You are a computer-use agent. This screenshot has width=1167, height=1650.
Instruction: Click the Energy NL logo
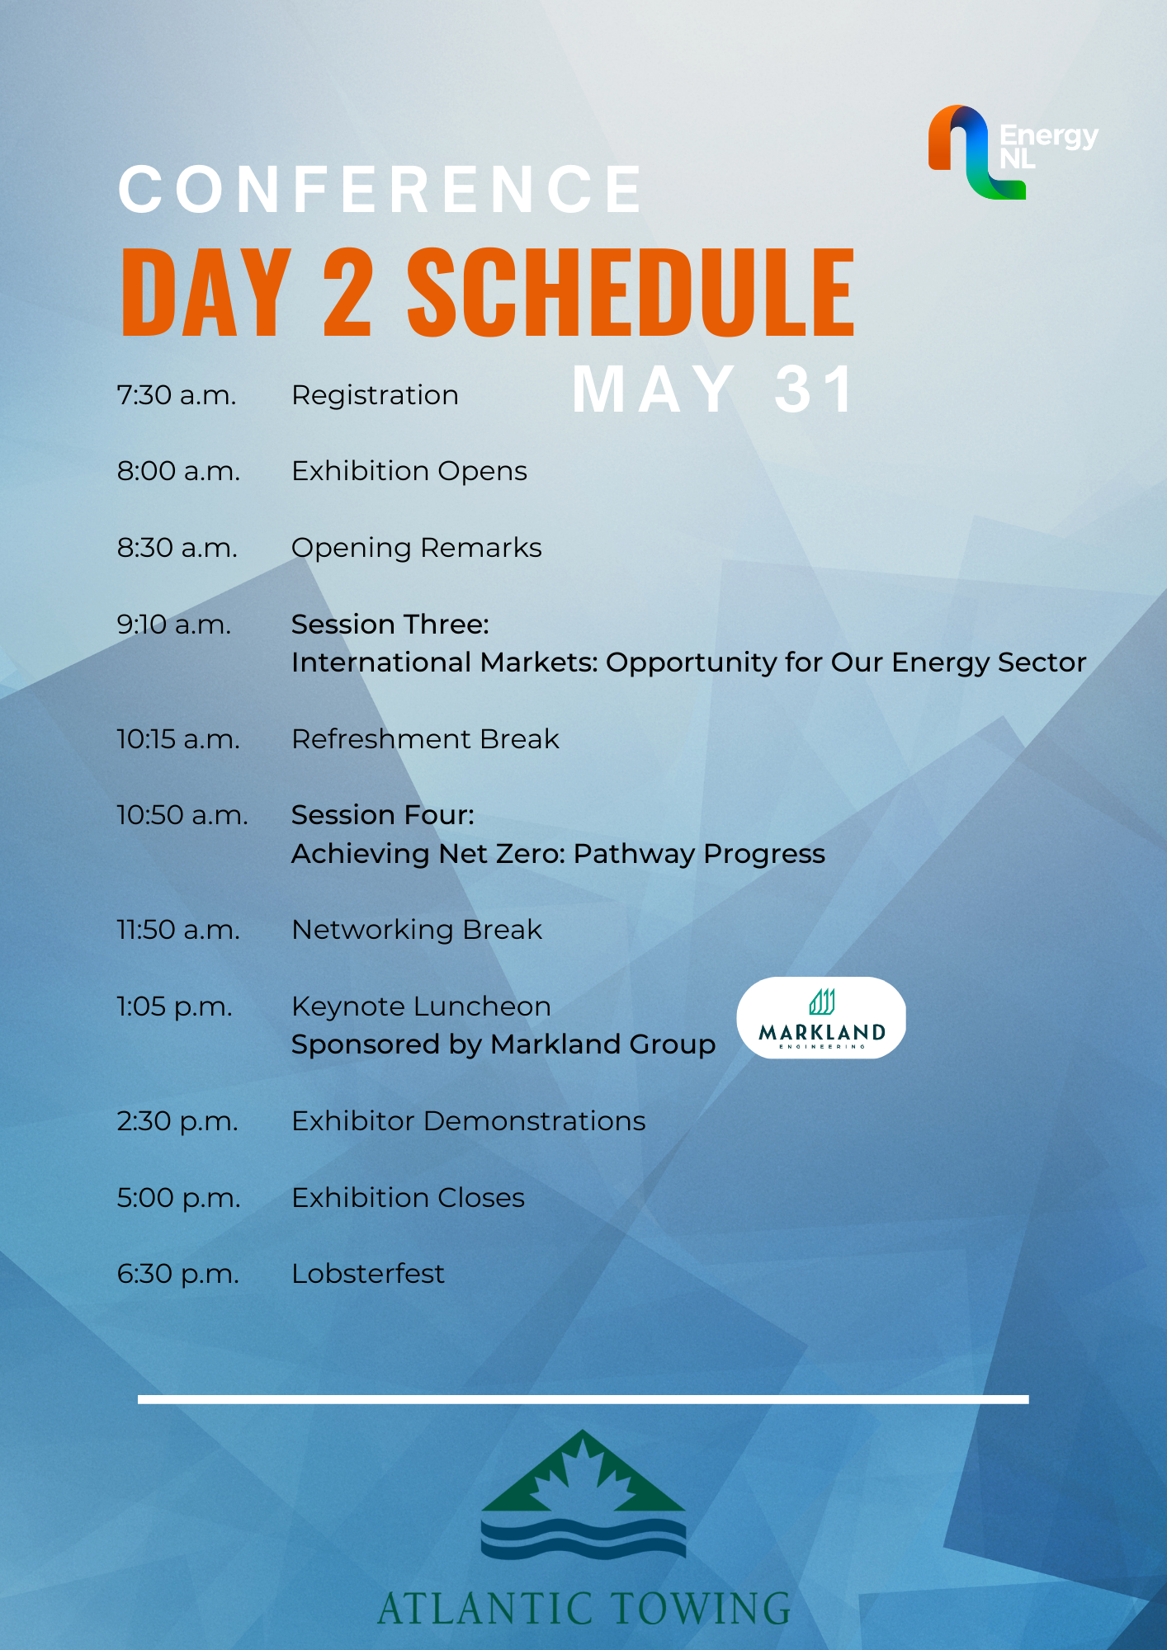(1013, 152)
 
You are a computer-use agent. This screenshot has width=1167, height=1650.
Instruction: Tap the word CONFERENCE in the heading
(380, 189)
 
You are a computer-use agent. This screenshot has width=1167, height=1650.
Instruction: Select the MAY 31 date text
(715, 389)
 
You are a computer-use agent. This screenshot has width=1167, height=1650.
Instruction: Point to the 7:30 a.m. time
(177, 395)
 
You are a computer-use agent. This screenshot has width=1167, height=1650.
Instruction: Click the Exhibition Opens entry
(409, 471)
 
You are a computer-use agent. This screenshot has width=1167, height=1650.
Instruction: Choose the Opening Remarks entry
(417, 548)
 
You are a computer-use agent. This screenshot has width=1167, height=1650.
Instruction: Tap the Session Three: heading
(390, 625)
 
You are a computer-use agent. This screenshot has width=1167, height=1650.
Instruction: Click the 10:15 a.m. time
(178, 739)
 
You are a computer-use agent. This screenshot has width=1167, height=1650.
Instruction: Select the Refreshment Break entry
(426, 739)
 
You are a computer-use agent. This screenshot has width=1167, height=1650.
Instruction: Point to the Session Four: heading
(383, 815)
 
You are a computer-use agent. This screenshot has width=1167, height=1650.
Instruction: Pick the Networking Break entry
(417, 930)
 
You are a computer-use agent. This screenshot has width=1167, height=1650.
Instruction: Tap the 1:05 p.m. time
(175, 1006)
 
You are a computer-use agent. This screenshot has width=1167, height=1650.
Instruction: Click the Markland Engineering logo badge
(821, 1018)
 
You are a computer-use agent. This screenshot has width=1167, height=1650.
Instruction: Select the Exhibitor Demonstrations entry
(469, 1121)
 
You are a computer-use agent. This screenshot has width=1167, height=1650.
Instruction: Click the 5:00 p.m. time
(179, 1198)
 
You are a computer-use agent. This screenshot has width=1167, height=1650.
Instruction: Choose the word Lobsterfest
(368, 1274)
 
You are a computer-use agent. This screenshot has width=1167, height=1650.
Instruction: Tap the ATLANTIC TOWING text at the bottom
(583, 1609)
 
